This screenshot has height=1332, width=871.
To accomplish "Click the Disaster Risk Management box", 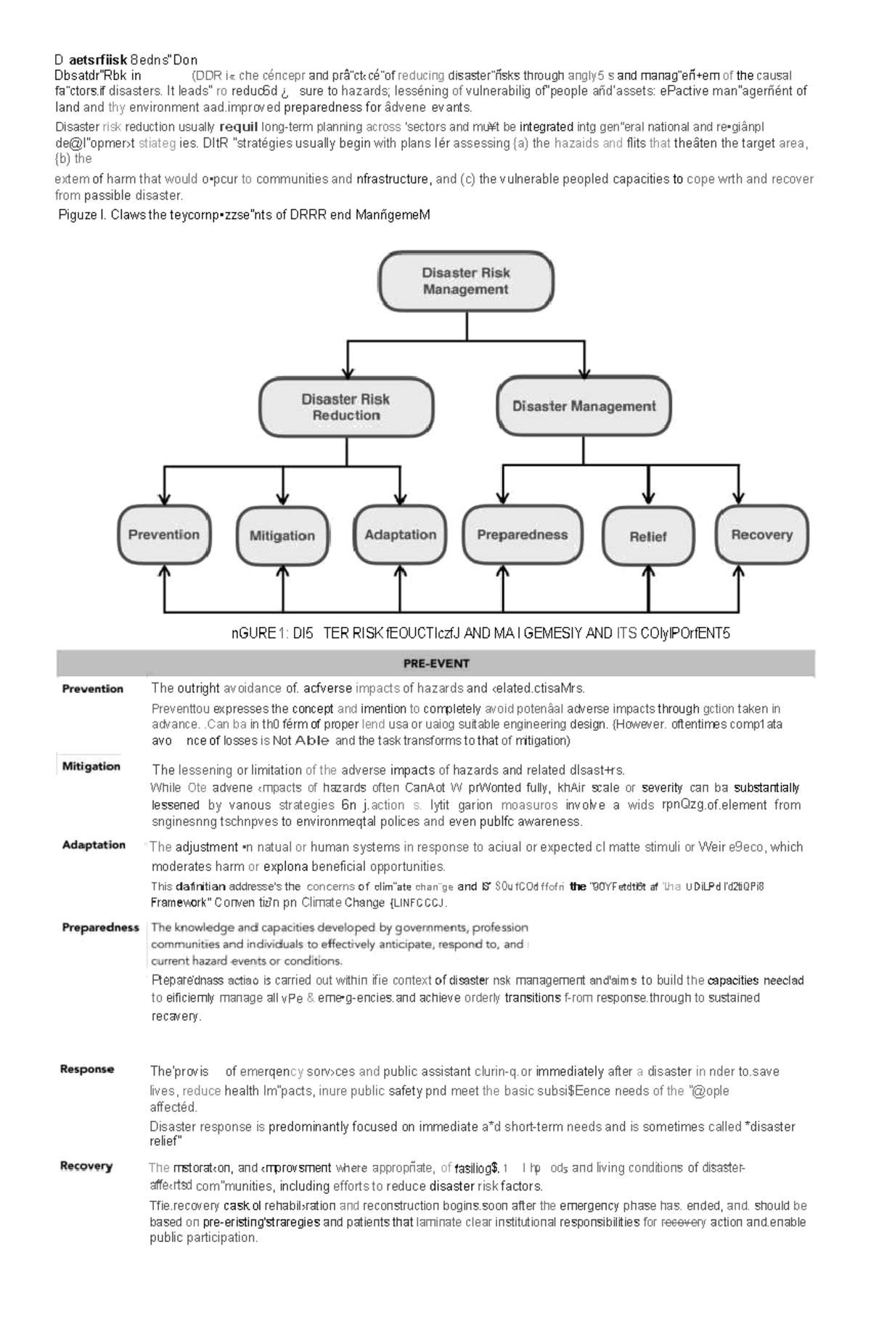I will pos(466,282).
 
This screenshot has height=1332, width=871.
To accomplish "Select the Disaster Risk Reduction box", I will pos(346,407).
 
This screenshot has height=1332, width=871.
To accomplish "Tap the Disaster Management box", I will pos(584,406).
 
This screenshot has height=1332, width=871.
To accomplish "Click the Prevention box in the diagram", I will pos(164,535).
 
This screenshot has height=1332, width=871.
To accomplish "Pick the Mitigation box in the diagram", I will pos(282,536).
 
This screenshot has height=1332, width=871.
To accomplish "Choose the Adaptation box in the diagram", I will pos(400,535).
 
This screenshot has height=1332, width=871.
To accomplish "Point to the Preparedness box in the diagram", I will pos(523,535).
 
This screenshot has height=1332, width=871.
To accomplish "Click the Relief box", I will pos(648,536).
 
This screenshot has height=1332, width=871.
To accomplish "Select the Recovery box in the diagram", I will pos(761,535).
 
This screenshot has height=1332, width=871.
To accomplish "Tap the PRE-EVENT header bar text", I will pos(436,663).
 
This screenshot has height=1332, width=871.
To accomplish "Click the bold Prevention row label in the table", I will pos(92,689).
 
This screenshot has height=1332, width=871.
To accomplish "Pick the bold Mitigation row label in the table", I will pos(91,767).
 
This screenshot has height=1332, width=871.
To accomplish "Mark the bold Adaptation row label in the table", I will pos(94,845).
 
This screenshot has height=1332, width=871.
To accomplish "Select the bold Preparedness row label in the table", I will pos(100,928).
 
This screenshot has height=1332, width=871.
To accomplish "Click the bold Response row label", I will pos(87,1069).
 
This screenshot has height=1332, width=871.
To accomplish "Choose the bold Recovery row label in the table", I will pos(86,1166).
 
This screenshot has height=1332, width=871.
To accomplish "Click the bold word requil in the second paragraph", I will pos(238,127).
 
